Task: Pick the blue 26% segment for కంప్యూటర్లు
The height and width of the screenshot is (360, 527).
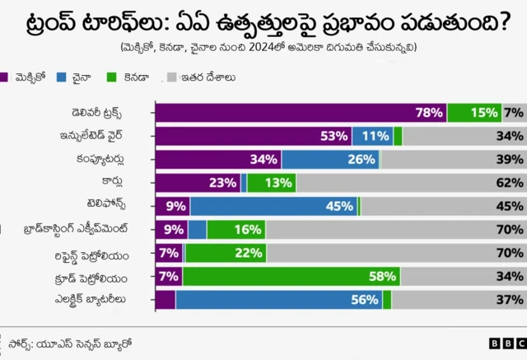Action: coord(329,160)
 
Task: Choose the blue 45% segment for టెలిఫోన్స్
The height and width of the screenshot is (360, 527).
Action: coord(273,206)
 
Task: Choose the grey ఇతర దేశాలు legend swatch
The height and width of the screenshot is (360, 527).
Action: coord(172,77)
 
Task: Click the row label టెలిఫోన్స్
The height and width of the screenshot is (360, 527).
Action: coord(116,206)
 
